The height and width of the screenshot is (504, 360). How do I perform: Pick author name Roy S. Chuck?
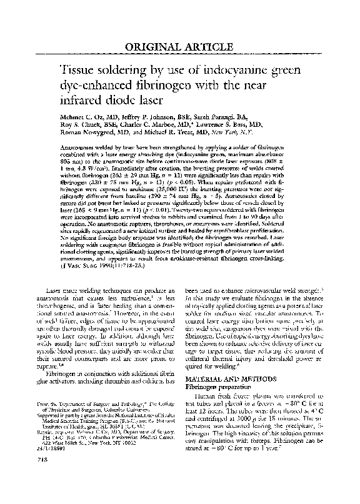67,125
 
